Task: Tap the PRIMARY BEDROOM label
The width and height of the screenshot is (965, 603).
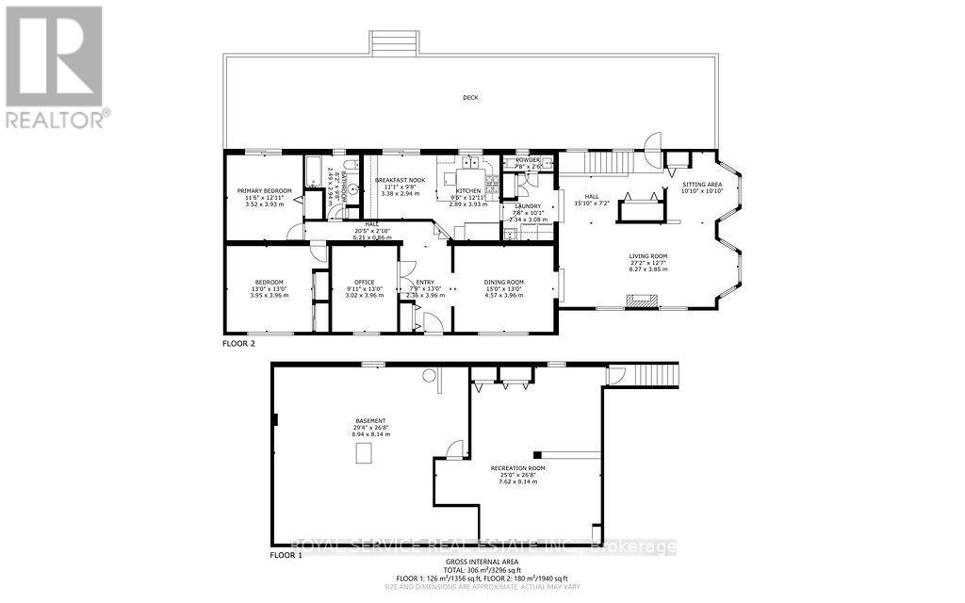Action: pos(264,191)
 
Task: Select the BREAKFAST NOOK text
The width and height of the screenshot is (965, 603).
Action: pos(400,180)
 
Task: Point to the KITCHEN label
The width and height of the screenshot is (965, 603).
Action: pos(468,190)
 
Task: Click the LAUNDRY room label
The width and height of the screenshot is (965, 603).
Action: pos(527,206)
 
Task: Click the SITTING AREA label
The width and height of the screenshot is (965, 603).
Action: pos(701,185)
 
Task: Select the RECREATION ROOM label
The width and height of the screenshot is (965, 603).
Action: pos(517,468)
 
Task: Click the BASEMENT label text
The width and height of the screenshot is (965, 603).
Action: pos(368,420)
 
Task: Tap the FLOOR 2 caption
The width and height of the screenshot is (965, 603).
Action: pos(238,344)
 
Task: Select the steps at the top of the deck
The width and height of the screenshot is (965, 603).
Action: pos(393,42)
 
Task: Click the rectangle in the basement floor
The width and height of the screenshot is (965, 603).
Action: pos(363,454)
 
